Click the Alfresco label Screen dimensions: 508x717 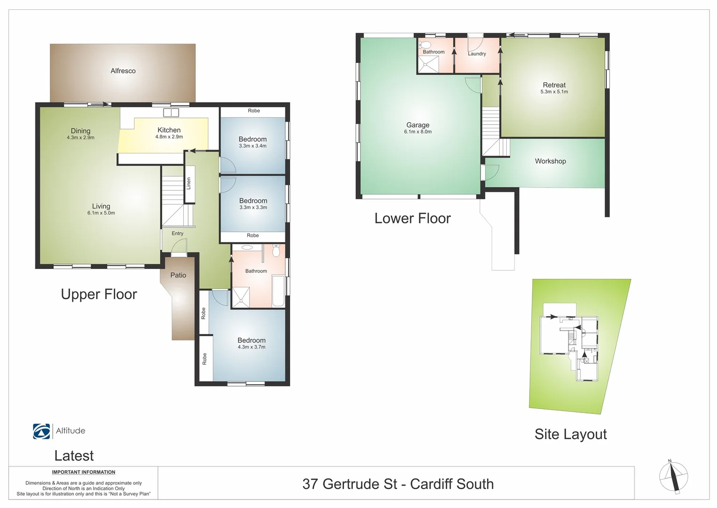pyautogui.click(x=123, y=71)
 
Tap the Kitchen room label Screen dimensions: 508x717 pyautogui.click(x=169, y=130)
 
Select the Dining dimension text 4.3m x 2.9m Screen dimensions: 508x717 pyautogui.click(x=80, y=138)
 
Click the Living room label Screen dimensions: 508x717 pyautogui.click(x=101, y=206)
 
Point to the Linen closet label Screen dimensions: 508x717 pyautogui.click(x=189, y=183)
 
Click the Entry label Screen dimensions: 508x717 pyautogui.click(x=177, y=233)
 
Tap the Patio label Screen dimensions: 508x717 pyautogui.click(x=178, y=275)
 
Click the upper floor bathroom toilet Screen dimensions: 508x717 pyautogui.click(x=276, y=251)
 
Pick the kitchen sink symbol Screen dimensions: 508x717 pyautogui.click(x=171, y=112)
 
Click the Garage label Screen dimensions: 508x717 pyautogui.click(x=418, y=125)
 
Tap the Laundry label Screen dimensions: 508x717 pyautogui.click(x=477, y=54)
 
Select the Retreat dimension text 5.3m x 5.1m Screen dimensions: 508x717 pyautogui.click(x=554, y=92)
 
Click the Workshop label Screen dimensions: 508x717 pyautogui.click(x=550, y=161)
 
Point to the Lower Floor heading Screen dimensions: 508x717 pyautogui.click(x=412, y=218)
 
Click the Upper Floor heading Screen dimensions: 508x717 pyautogui.click(x=99, y=294)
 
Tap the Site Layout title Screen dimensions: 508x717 pyautogui.click(x=570, y=434)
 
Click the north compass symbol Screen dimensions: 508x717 pyautogui.click(x=673, y=477)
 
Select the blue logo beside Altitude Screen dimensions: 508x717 pyautogui.click(x=41, y=431)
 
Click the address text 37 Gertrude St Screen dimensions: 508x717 pyautogui.click(x=350, y=484)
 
